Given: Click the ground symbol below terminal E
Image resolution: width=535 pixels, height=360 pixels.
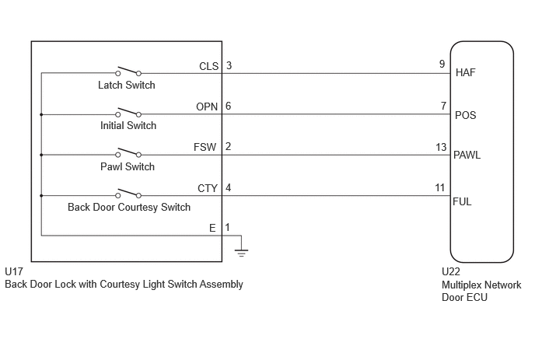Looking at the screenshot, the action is (241, 253).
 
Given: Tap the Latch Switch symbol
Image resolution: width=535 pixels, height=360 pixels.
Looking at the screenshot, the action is (128, 71).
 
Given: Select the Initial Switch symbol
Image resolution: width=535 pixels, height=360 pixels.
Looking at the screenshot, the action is (128, 112).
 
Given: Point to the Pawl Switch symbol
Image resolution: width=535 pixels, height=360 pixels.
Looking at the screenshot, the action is (128, 152).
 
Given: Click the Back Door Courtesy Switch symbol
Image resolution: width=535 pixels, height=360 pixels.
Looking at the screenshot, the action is (128, 193).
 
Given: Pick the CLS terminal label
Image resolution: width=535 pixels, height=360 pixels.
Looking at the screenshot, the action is (209, 66).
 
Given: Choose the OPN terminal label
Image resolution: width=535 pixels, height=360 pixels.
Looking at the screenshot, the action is (207, 107).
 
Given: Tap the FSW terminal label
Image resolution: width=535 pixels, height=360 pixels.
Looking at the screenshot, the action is (205, 147).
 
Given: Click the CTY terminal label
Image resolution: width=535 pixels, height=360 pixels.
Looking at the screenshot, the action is (208, 188).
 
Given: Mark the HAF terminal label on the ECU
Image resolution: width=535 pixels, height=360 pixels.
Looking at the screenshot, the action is (465, 72).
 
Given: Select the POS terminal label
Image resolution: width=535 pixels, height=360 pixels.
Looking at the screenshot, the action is (465, 115).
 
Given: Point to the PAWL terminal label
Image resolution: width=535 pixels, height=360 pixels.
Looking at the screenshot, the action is (467, 156).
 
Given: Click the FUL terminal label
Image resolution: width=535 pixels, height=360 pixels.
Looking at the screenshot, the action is (462, 201).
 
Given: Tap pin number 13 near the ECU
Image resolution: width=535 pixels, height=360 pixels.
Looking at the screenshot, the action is (441, 147).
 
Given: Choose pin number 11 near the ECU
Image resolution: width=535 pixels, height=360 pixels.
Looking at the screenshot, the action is (440, 187).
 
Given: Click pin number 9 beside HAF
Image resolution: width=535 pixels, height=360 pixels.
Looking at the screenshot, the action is (442, 65).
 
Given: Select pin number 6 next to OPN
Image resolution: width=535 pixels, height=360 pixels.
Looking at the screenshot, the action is (229, 106).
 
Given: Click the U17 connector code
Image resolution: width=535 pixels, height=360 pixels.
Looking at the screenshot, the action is (14, 271).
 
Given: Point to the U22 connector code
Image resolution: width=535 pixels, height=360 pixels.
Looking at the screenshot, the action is (451, 271).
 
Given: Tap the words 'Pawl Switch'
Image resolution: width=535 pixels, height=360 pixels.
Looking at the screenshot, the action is (128, 166).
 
